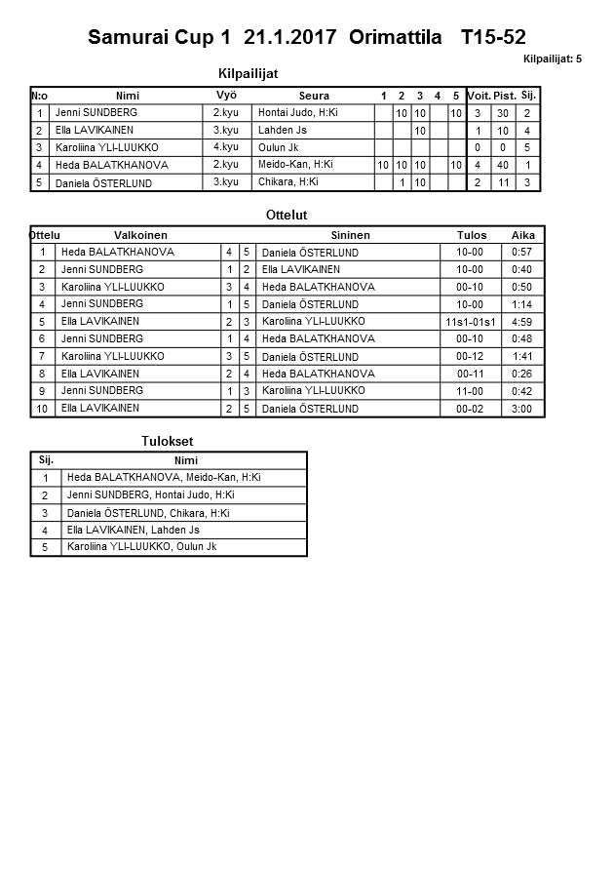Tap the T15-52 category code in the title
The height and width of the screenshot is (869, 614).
(493, 38)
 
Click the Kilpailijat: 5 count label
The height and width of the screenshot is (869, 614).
(552, 59)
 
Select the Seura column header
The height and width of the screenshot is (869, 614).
(314, 96)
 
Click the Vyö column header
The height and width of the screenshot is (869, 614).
(226, 96)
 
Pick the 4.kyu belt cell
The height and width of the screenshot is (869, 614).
(226, 147)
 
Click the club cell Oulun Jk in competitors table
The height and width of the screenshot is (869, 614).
(279, 147)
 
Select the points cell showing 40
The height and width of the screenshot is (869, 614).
(503, 165)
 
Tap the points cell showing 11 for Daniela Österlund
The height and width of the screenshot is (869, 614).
(503, 182)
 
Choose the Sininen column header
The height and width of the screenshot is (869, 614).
(350, 235)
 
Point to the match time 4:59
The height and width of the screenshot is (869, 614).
(522, 322)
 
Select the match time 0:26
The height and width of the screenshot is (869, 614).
(522, 374)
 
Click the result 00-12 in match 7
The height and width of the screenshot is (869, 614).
(470, 357)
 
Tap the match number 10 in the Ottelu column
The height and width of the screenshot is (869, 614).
(43, 409)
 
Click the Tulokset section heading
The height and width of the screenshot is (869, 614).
(168, 441)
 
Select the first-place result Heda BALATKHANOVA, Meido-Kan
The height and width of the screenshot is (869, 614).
(164, 478)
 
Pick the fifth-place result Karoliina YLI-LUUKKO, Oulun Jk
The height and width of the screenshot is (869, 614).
(141, 547)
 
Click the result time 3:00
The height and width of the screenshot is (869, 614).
(522, 409)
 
